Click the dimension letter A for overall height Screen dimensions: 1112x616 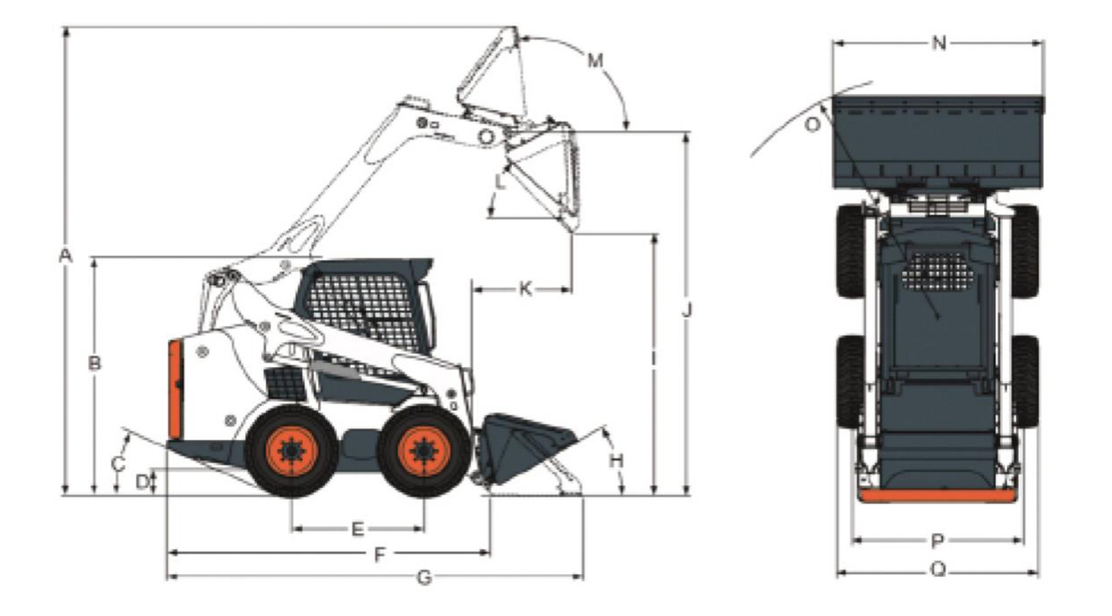(x=66, y=256)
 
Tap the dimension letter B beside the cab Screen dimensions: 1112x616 (x=95, y=363)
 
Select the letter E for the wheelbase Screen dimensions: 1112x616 (x=358, y=529)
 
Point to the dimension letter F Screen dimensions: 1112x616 (x=380, y=555)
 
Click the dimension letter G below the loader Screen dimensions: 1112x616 (x=424, y=578)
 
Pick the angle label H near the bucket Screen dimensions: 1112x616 (x=616, y=461)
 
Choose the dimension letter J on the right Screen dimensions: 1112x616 (x=686, y=311)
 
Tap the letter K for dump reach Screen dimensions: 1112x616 (x=525, y=289)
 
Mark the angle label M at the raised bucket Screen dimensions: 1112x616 (x=595, y=61)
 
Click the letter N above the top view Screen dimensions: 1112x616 (x=939, y=44)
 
